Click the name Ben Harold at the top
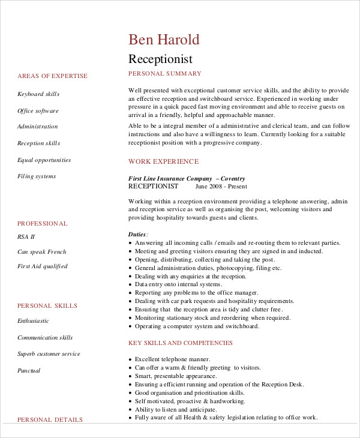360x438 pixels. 164,40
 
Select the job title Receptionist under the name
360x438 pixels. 160,59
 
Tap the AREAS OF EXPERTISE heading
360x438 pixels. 52,76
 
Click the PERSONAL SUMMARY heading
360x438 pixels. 165,74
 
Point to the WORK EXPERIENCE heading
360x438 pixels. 163,161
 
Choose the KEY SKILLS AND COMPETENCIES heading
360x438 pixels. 181,343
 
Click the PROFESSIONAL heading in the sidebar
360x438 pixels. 43,224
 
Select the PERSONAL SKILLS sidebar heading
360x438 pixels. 47,306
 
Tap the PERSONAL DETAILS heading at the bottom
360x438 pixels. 50,420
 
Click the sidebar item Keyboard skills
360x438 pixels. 38,94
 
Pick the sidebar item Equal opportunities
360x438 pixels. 44,160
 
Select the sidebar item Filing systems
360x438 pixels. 37,176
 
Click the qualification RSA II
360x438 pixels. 26,237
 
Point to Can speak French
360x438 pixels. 41,252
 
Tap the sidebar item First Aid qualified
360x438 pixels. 42,266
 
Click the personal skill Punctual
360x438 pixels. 29,371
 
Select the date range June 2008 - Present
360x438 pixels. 221,187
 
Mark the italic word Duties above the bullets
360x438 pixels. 137,234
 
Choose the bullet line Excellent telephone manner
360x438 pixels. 172,359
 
